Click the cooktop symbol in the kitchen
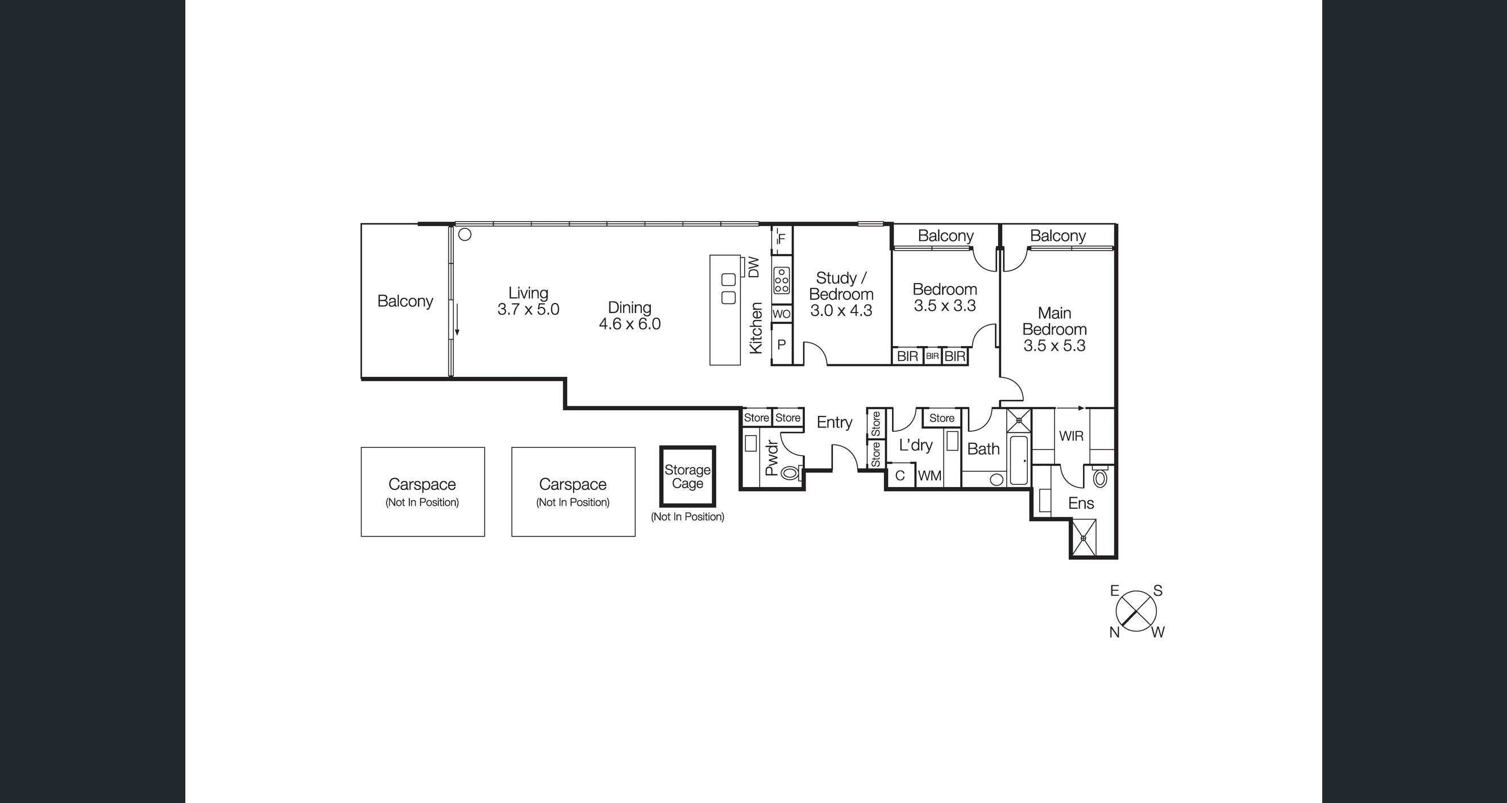coord(782,280)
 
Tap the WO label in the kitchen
coord(781,314)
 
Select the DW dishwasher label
coord(754,267)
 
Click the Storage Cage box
coord(687,477)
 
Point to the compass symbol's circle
coord(1136,611)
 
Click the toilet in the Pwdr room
coord(790,473)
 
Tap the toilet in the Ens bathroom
coord(1101,478)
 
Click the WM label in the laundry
coord(929,476)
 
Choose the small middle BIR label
coord(932,356)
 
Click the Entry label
coord(835,422)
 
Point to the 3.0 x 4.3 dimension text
coord(841,310)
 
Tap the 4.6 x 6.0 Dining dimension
coord(629,324)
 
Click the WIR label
coord(1071,436)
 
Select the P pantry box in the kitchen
coord(781,345)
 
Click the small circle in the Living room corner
coord(465,235)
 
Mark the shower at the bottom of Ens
coord(1083,538)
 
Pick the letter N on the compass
coord(1114,632)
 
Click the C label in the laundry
coord(900,476)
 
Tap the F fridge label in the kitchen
coord(782,239)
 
